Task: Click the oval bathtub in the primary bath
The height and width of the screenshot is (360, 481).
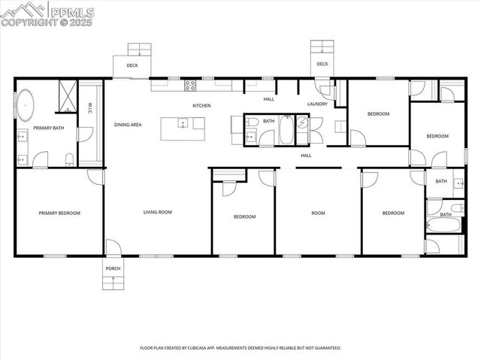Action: coord(27,106)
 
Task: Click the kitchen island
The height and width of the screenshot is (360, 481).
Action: coord(183,129)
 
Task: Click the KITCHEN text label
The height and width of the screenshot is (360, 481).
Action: coord(201,106)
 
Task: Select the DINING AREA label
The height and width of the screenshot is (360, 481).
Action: coord(128,125)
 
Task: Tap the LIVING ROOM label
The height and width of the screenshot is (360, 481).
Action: coord(158,213)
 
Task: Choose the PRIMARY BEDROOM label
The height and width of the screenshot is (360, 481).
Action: coord(59,213)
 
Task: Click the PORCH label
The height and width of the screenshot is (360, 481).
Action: coord(113,268)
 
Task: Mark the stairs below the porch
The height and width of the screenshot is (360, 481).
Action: coord(113,283)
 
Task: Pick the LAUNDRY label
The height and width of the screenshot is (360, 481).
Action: coord(317,104)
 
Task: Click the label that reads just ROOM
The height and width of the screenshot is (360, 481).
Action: coord(318,213)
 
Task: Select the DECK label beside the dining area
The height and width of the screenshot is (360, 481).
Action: coord(132,65)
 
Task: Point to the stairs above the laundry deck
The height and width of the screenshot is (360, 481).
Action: coord(322,47)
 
